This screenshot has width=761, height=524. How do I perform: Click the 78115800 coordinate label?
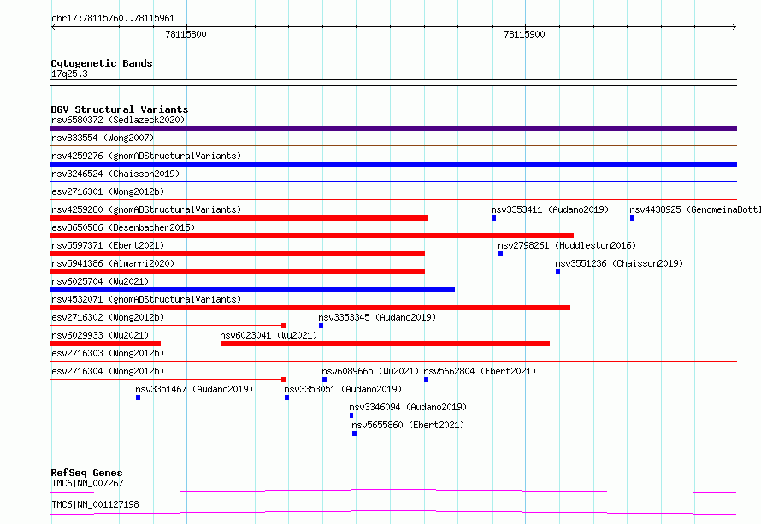[186, 34]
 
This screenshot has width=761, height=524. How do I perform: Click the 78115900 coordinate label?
[524, 34]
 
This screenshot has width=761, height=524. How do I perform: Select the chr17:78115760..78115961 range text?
[113, 19]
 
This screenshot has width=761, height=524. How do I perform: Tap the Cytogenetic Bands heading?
[102, 63]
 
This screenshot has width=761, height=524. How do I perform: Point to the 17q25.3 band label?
[69, 74]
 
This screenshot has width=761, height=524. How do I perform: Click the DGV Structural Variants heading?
[120, 109]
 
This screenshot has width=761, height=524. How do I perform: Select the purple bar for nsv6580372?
[393, 128]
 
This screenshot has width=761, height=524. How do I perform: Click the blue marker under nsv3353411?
[493, 218]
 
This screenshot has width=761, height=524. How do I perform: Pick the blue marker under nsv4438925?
[632, 218]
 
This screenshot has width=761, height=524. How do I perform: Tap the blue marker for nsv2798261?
[500, 254]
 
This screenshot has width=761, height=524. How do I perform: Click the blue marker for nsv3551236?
[557, 272]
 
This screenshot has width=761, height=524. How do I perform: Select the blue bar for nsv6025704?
[252, 290]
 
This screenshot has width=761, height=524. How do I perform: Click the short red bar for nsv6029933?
[105, 344]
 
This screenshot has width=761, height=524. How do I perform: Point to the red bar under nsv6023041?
[385, 344]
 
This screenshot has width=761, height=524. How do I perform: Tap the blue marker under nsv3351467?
[138, 397]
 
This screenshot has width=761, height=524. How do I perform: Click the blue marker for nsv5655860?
[354, 433]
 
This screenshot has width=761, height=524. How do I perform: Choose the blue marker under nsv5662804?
[426, 380]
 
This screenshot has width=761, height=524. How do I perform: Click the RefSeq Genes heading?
[87, 473]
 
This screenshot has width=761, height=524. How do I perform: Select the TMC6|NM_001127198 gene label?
[95, 504]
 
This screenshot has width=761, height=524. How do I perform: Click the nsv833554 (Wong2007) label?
[103, 138]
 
